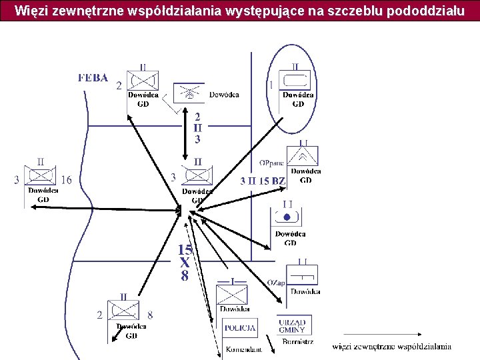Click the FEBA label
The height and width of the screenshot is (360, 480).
point(93,77)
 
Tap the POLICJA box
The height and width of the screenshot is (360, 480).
point(240,328)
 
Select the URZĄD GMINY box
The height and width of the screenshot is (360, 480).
point(293,326)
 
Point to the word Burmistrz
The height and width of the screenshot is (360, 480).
point(297,342)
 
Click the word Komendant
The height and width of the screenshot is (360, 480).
point(243,349)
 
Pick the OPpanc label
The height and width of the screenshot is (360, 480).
point(271,163)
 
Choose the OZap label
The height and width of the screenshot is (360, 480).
point(275,283)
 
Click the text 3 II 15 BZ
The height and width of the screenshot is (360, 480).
point(262,181)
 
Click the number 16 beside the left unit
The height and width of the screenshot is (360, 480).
point(66,179)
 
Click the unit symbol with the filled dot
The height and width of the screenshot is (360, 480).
point(287,217)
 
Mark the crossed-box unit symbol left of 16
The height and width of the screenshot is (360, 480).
point(41,176)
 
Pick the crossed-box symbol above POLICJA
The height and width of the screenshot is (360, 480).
point(233,294)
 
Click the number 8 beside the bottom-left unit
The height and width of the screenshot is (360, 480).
point(150,315)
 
